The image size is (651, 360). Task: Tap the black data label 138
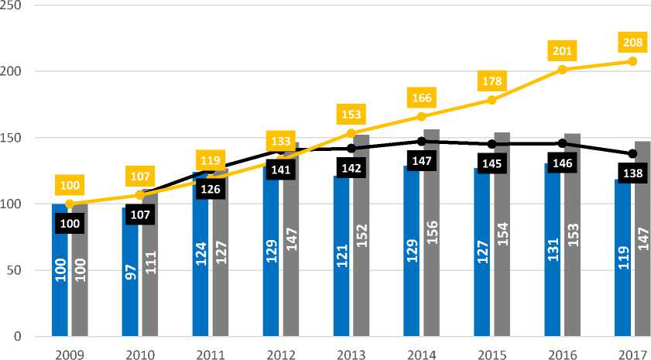coord(632,173)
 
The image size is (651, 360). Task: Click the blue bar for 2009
coord(59,270)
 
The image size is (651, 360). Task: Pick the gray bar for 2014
coord(432,233)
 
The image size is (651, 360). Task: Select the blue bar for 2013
coord(341,256)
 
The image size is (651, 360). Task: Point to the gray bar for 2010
coord(150,263)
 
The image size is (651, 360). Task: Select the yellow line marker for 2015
coord(492,100)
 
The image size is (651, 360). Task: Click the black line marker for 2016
coord(562,143)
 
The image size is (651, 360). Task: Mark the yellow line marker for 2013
coord(351,133)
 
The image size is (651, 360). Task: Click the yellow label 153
coord(351,115)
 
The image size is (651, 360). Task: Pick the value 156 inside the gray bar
coord(432,253)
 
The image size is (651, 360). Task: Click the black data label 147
coord(421,161)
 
